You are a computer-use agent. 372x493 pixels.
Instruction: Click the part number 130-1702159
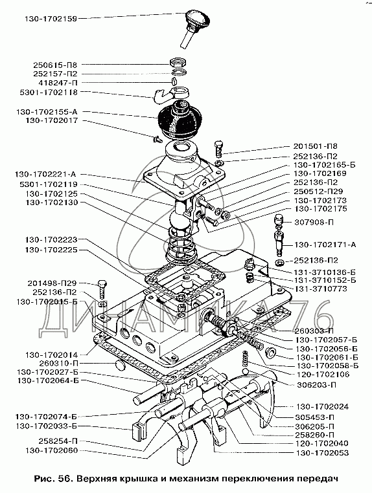[51, 19]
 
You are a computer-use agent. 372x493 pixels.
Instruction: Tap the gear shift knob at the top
[197, 19]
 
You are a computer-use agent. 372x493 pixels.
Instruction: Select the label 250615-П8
[55, 65]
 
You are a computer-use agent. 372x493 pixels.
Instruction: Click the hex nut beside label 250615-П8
[178, 62]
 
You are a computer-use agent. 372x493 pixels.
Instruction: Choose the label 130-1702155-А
[47, 112]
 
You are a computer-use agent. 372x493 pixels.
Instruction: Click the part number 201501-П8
[316, 146]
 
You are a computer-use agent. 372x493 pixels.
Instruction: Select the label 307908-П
[314, 223]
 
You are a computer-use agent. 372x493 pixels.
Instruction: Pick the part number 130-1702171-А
[325, 245]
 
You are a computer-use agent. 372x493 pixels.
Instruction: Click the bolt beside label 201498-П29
[102, 289]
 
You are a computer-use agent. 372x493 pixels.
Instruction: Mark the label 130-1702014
[51, 355]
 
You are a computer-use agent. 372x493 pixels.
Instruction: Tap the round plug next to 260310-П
[120, 365]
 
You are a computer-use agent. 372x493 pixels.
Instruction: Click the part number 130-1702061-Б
[327, 358]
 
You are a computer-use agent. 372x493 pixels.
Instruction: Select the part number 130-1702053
[323, 453]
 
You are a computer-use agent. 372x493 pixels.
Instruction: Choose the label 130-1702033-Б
[46, 426]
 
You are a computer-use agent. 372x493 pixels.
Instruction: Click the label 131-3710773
[320, 289]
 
